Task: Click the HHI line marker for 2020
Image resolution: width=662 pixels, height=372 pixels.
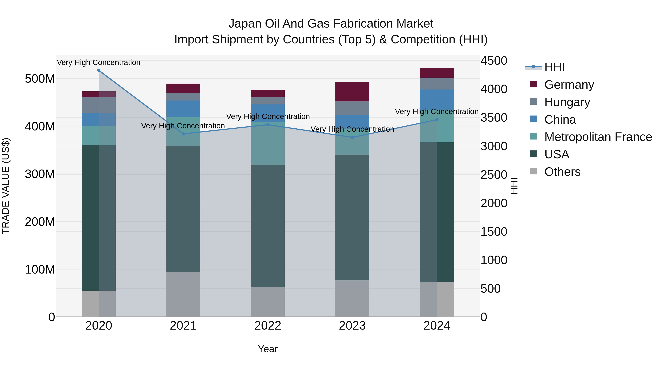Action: point(99,70)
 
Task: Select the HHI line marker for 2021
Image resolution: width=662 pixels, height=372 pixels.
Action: point(183,134)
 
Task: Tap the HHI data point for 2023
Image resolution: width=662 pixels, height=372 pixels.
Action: point(352,137)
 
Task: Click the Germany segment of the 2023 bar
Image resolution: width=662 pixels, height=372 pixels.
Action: point(352,92)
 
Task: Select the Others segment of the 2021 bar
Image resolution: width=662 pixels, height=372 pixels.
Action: point(183,294)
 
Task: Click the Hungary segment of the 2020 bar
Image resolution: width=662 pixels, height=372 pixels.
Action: point(99,105)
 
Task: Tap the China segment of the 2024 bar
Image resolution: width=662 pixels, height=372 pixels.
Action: point(437,100)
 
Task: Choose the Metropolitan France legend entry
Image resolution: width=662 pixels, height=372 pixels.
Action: point(598,137)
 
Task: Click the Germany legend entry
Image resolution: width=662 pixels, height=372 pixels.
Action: point(569,85)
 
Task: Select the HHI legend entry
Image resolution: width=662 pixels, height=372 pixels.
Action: point(555,67)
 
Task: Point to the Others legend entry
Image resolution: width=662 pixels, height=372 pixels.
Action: point(562,172)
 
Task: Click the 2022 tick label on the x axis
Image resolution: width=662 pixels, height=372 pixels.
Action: point(268,326)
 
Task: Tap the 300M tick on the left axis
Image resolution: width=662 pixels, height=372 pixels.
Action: point(40,174)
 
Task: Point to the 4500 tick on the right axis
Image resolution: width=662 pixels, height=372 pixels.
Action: point(494,61)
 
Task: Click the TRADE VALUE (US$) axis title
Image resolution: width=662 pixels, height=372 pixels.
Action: point(6,186)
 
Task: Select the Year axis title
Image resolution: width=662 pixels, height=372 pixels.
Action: point(268,349)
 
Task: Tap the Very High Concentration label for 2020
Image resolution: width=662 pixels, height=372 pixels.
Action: point(99,62)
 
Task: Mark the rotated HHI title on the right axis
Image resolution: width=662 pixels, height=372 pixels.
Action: point(514,186)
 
